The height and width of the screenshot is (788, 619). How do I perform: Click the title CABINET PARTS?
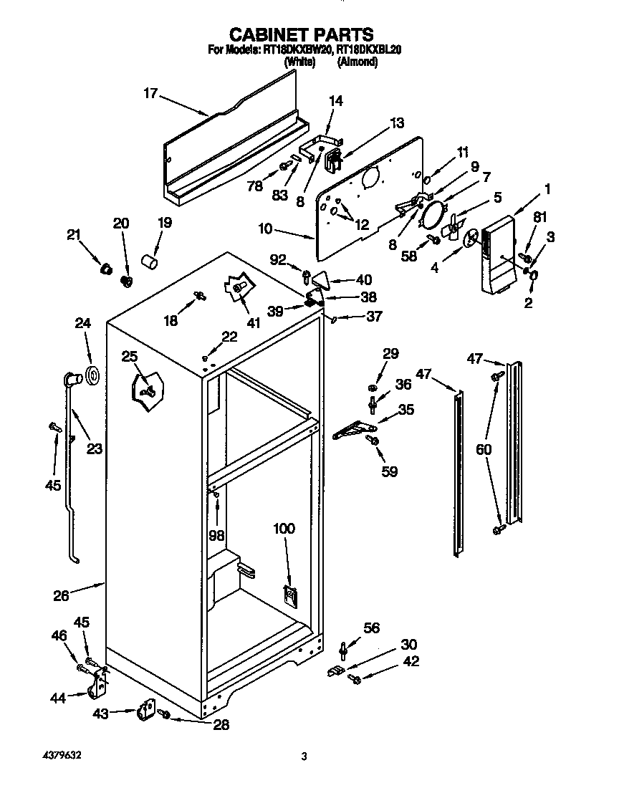(301, 34)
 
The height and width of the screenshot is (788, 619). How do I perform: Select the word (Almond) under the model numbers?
(358, 62)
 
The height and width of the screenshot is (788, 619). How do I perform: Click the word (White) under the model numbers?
(299, 62)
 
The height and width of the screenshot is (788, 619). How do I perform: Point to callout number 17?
(150, 93)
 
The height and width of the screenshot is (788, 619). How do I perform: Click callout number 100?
(284, 529)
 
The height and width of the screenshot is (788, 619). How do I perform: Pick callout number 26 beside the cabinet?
(62, 594)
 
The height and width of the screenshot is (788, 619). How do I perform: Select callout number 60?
(484, 449)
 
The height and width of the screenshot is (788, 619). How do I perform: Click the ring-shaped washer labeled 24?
(92, 375)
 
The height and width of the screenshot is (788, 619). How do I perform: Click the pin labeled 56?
(345, 648)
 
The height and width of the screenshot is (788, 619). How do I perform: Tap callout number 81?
(539, 217)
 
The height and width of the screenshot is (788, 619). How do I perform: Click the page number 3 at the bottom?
(304, 756)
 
